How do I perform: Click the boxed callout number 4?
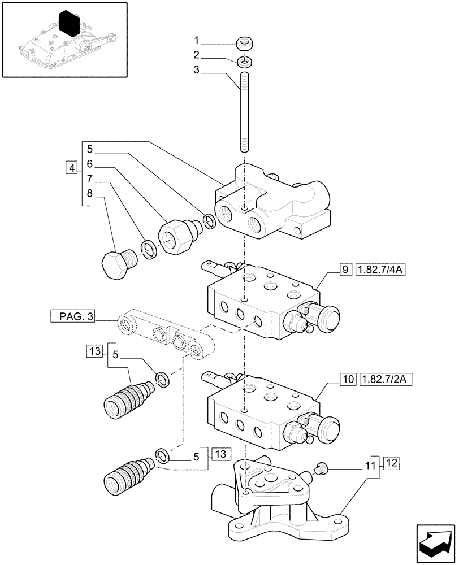(x=71, y=168)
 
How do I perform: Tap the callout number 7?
(x=89, y=179)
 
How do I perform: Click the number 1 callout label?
(x=197, y=40)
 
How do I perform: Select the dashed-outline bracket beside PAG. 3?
(x=167, y=336)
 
